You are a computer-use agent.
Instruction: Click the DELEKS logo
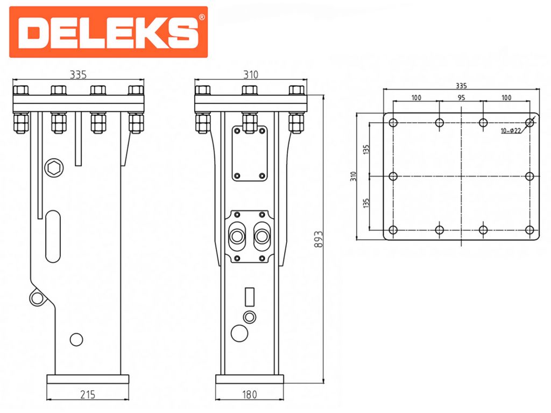click(108, 32)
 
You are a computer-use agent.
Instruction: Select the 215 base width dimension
click(88, 395)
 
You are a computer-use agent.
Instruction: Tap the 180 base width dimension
click(250, 395)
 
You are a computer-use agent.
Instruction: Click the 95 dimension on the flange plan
click(461, 97)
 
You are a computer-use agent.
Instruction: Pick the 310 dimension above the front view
click(251, 75)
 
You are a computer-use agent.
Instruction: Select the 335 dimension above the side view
click(79, 75)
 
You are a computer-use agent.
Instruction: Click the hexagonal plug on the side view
click(53, 167)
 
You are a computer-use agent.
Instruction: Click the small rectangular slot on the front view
click(249, 297)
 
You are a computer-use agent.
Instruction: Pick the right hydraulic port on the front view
click(263, 235)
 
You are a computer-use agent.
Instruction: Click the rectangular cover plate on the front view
click(249, 153)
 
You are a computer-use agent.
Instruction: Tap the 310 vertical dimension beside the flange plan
click(354, 176)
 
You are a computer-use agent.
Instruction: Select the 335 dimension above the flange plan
click(461, 85)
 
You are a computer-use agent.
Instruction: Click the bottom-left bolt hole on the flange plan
click(393, 230)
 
